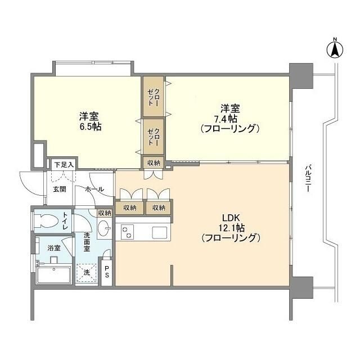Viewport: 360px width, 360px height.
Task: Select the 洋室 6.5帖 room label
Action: (x=89, y=122)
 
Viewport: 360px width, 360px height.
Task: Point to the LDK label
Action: (x=231, y=217)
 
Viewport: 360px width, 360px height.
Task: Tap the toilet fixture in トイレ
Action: (x=47, y=220)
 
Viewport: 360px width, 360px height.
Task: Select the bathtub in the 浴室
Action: (x=53, y=276)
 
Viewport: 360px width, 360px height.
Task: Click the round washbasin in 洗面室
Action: (x=103, y=229)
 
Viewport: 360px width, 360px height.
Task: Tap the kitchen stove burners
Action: (x=127, y=231)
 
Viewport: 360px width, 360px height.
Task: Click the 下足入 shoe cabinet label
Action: (x=65, y=165)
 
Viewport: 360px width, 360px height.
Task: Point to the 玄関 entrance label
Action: (x=60, y=189)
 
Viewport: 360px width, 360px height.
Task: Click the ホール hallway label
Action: (x=94, y=189)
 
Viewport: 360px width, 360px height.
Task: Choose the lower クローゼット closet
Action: (x=153, y=137)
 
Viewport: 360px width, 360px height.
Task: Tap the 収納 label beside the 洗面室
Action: (x=104, y=213)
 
